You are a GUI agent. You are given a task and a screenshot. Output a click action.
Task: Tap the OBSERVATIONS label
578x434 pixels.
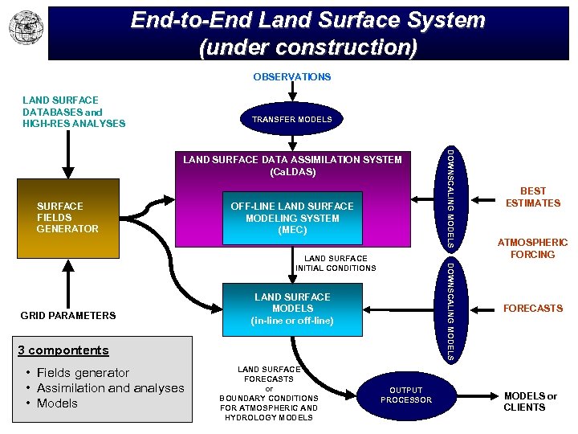pos(291,77)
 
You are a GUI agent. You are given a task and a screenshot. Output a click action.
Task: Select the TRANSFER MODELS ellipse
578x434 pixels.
pos(291,119)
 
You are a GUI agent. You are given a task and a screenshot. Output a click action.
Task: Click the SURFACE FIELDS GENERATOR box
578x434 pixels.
pos(67,217)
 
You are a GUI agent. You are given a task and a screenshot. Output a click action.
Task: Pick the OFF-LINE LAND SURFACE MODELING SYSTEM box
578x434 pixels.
pos(291,218)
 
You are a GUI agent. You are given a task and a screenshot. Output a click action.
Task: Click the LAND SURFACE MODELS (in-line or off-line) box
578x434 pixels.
pos(292,309)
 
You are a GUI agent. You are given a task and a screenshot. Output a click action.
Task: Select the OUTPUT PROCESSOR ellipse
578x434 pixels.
pos(406,395)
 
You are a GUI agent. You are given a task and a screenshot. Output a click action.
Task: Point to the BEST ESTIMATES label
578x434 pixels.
pos(532,197)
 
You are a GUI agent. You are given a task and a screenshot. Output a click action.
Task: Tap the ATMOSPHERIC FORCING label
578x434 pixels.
pos(532,248)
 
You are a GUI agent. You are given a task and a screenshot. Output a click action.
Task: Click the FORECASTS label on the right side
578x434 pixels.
pos(532,308)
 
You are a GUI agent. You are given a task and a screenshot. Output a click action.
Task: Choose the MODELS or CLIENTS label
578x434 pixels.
pos(530,401)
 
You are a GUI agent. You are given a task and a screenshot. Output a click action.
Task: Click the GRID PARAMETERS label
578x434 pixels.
pos(68,315)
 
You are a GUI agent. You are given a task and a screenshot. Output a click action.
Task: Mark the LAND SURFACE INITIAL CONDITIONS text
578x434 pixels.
pos(336,263)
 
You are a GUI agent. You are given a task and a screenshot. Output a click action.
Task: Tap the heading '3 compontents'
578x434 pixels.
pos(63,350)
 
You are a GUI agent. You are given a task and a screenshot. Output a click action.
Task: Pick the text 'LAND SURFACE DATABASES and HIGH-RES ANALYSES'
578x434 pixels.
pos(74,113)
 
